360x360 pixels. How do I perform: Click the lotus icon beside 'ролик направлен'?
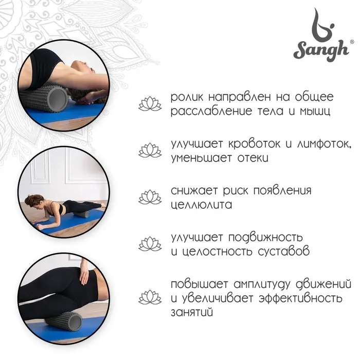coord(150,104)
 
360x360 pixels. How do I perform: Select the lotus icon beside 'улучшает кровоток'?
coord(150,150)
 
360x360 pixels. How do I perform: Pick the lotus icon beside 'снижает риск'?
coord(150,197)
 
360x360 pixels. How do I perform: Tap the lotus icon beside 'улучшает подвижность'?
coord(150,244)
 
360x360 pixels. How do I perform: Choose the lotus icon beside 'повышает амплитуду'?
coord(150,297)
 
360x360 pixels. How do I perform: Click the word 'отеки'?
coord(250,157)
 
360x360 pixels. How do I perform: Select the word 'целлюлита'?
coord(202,205)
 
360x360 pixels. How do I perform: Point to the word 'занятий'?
coord(192,312)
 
